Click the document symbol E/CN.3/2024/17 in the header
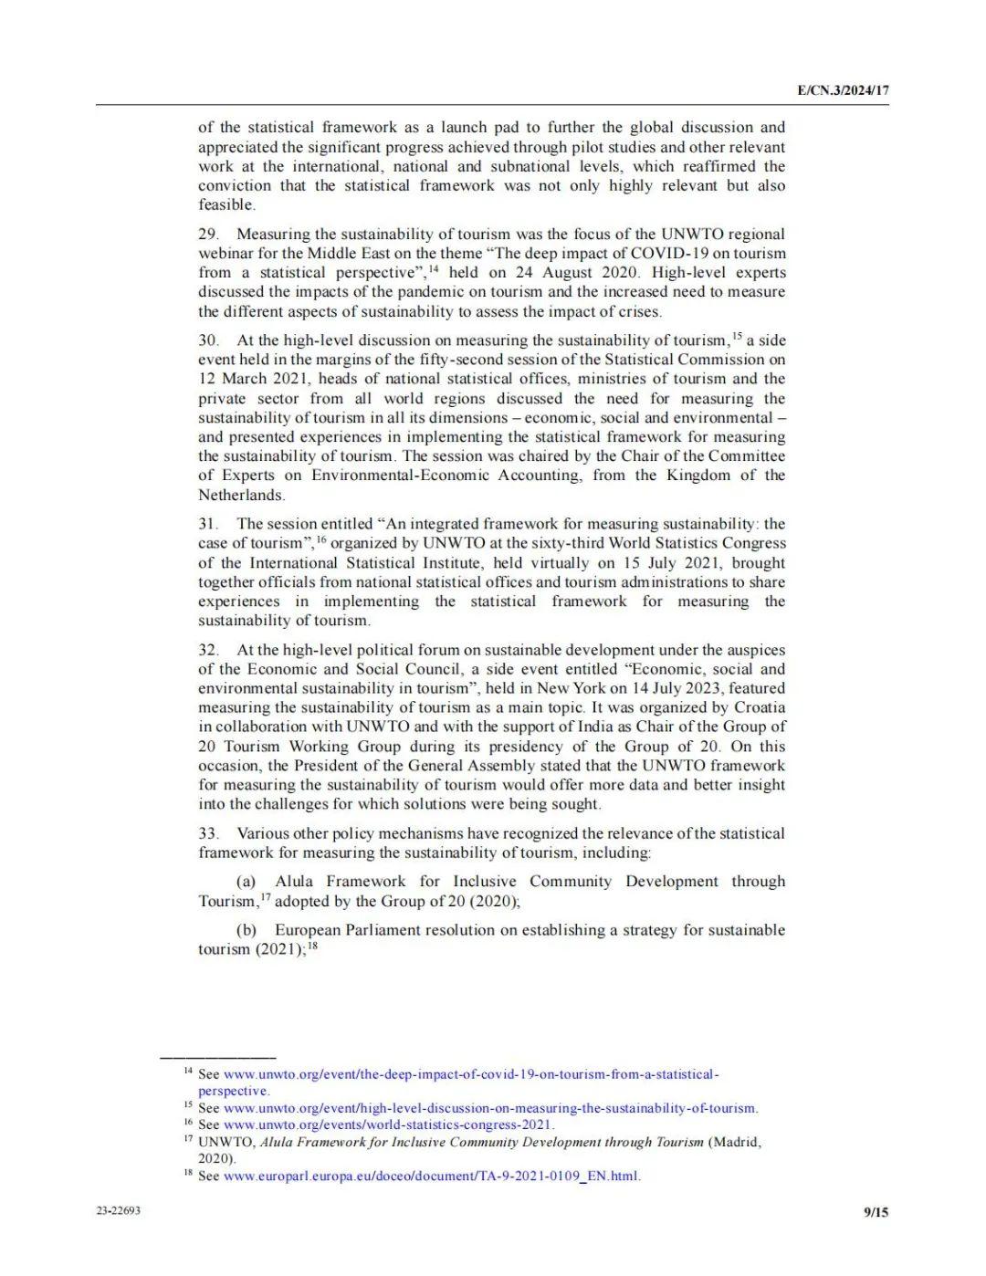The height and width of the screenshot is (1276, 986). (x=843, y=90)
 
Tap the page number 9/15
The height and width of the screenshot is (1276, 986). (x=876, y=1212)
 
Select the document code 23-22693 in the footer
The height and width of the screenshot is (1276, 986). (x=119, y=1211)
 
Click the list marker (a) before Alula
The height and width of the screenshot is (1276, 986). (x=246, y=882)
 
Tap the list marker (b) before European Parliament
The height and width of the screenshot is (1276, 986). (x=246, y=930)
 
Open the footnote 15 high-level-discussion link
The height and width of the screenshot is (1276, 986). (x=490, y=1108)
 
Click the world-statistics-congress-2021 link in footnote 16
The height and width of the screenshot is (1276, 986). (x=388, y=1124)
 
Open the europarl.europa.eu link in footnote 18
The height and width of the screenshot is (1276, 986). (x=432, y=1176)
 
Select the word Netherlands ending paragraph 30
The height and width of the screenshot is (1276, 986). (x=241, y=495)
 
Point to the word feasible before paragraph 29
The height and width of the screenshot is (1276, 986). (x=226, y=205)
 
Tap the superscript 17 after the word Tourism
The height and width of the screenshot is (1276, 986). (x=266, y=897)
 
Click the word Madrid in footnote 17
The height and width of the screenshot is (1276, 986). (x=736, y=1142)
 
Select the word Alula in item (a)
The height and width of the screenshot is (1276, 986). (x=294, y=882)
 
